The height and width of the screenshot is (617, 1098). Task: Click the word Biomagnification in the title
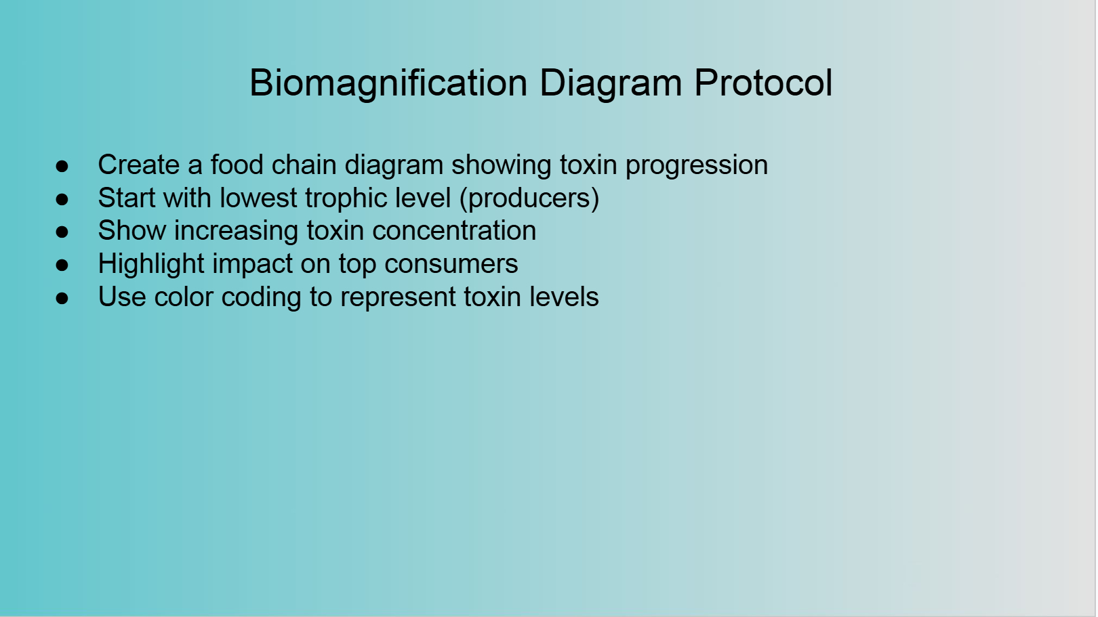click(x=388, y=84)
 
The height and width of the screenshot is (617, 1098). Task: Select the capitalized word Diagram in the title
click(x=610, y=84)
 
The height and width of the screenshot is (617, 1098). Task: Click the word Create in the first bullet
click(x=139, y=165)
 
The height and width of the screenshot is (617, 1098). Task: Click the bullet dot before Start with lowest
click(x=62, y=199)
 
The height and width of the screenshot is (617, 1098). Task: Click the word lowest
click(x=258, y=198)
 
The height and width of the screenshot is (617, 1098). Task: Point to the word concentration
click(x=454, y=231)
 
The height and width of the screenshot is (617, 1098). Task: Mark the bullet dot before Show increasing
click(x=62, y=232)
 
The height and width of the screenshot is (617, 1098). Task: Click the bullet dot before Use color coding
click(x=62, y=298)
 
